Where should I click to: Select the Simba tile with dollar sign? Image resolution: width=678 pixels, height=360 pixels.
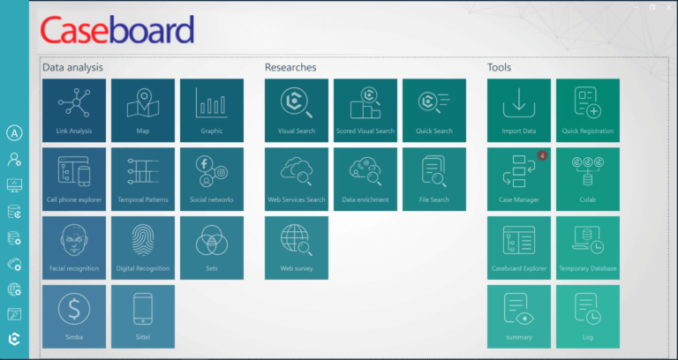coord(74,316)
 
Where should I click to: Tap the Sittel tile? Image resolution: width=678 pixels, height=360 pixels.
coord(143,316)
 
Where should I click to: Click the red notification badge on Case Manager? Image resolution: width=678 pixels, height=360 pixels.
coord(542,155)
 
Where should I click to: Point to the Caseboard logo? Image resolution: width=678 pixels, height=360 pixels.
coord(117,31)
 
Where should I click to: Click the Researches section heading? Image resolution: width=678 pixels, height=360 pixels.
coord(290,67)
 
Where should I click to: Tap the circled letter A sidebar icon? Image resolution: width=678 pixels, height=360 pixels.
coord(14,134)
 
